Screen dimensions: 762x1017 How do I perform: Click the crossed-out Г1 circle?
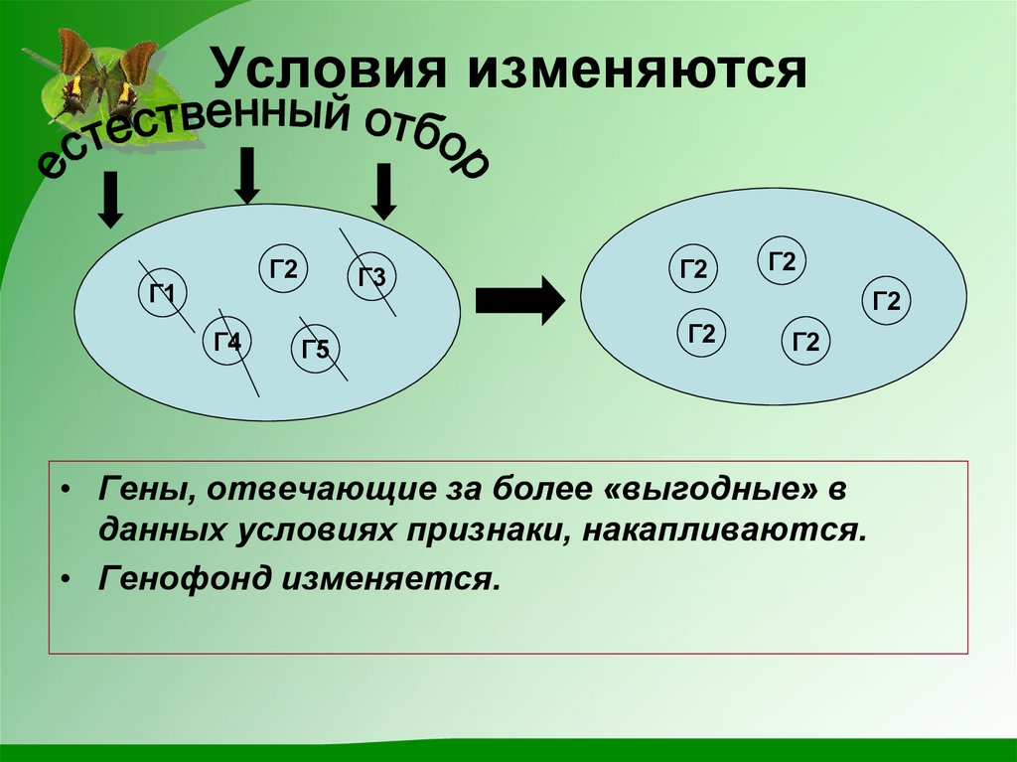pos(163,295)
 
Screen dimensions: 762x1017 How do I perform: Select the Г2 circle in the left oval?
pos(284,269)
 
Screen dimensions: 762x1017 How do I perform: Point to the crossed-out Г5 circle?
pos(316,349)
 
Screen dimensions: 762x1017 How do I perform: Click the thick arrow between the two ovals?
pos(519,299)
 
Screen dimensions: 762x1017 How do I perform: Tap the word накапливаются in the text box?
pos(726,530)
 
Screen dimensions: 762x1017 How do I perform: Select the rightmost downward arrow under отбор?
pos(384,191)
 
